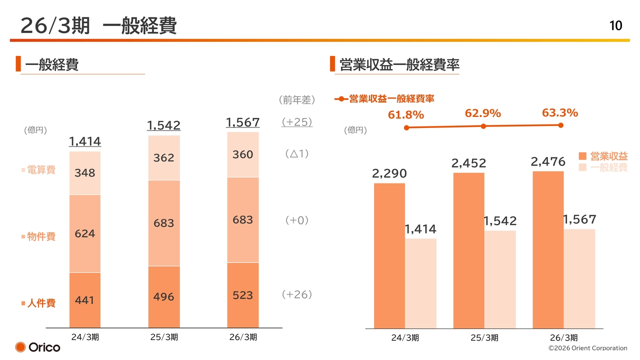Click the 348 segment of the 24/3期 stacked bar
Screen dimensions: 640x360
pyautogui.click(x=85, y=173)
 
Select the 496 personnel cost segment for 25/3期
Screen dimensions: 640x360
pyautogui.click(x=164, y=297)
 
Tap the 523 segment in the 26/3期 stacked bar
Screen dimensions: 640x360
pyautogui.click(x=243, y=295)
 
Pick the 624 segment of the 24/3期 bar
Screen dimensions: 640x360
pyautogui.click(x=85, y=233)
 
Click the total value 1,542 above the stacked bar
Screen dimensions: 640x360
pyautogui.click(x=163, y=125)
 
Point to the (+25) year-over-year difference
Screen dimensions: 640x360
pyautogui.click(x=297, y=122)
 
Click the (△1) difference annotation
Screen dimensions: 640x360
pyautogui.click(x=297, y=153)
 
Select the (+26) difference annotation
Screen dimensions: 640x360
pyautogui.click(x=297, y=294)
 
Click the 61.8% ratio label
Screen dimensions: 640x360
pyautogui.click(x=405, y=115)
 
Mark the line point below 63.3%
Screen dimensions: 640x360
pyautogui.click(x=561, y=125)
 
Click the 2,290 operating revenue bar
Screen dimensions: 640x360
pyautogui.click(x=389, y=255)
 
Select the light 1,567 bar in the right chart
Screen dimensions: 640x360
pyautogui.click(x=579, y=279)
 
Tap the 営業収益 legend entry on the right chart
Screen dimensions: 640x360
pyautogui.click(x=603, y=156)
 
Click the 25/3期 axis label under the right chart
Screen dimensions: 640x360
pyautogui.click(x=484, y=337)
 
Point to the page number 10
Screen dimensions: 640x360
pyautogui.click(x=615, y=25)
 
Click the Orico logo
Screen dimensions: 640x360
pyautogui.click(x=37, y=347)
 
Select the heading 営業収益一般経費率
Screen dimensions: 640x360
pyautogui.click(x=399, y=64)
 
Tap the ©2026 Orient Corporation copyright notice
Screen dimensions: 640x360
pyautogui.click(x=587, y=348)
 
